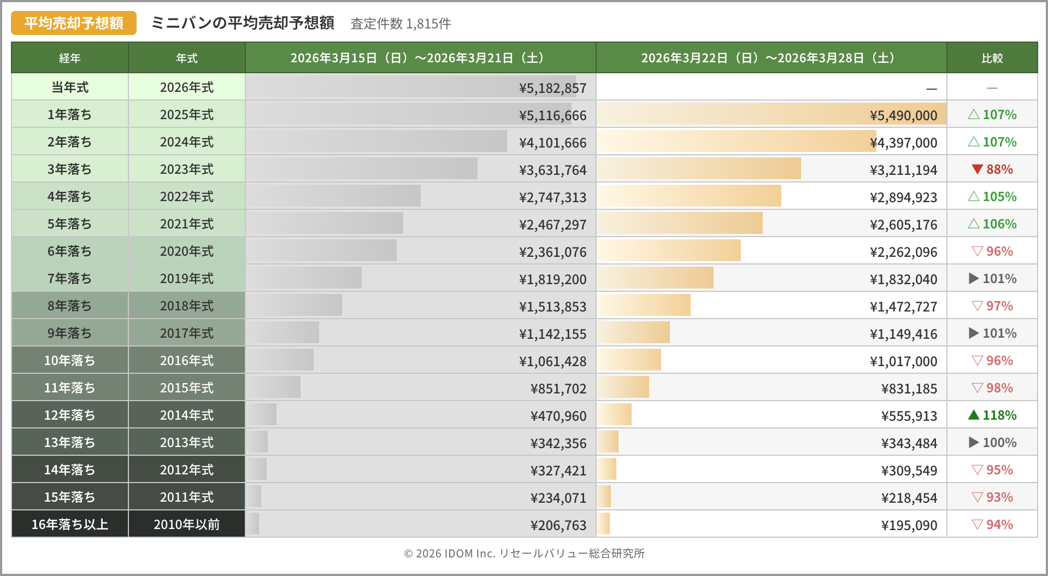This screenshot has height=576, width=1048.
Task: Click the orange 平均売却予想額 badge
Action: [74, 23]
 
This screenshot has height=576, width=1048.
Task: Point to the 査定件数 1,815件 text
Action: [401, 23]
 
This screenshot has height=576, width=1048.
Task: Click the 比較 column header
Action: [992, 58]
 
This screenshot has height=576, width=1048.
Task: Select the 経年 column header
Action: [69, 58]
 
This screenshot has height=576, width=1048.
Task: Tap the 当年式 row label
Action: [69, 87]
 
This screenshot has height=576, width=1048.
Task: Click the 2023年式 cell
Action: [186, 169]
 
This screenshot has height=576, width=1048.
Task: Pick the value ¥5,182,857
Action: [552, 88]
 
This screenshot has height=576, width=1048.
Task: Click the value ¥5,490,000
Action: [903, 115]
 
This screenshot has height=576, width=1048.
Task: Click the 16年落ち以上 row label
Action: [69, 525]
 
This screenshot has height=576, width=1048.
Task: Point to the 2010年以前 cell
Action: [186, 525]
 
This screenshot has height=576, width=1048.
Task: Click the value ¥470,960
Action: [558, 416]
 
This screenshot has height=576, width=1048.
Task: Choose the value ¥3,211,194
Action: [903, 170]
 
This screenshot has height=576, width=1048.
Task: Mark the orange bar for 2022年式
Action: [688, 196]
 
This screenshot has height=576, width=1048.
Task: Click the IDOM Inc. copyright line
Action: [524, 554]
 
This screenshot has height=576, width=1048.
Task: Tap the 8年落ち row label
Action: [69, 306]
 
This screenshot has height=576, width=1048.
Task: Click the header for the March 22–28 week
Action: [771, 58]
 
